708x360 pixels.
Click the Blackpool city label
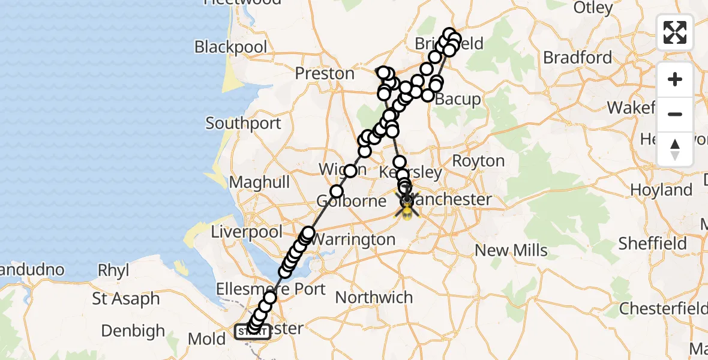(x=230, y=47)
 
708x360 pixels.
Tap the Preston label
(x=325, y=73)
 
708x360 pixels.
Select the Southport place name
(x=243, y=124)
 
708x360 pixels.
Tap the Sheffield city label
(x=652, y=244)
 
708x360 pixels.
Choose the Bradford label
(x=577, y=58)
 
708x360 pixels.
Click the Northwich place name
(x=374, y=297)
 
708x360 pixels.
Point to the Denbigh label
(x=133, y=331)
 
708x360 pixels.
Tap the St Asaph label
(x=126, y=298)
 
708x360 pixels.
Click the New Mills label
(x=511, y=250)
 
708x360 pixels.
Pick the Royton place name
(x=478, y=161)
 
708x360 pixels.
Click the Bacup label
(x=457, y=99)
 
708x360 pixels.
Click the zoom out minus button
(x=675, y=114)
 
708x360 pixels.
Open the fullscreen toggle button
(x=675, y=32)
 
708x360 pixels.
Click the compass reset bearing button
(x=675, y=149)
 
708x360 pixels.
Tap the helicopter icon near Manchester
(x=407, y=209)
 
